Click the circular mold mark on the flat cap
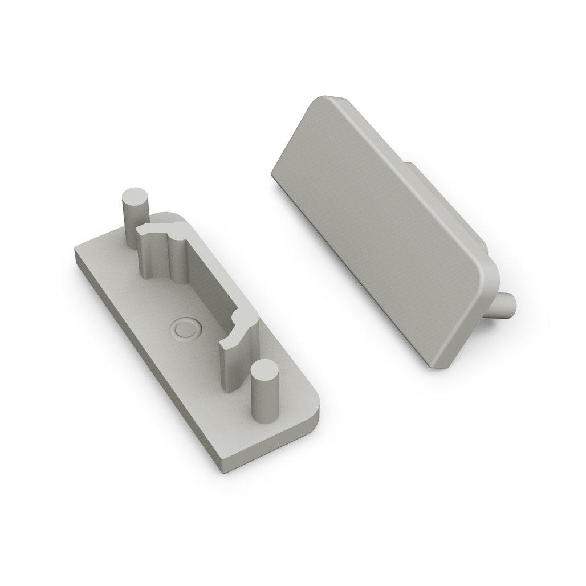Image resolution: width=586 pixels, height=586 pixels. point(185,329)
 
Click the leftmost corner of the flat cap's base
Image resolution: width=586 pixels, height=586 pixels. point(75,254)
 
